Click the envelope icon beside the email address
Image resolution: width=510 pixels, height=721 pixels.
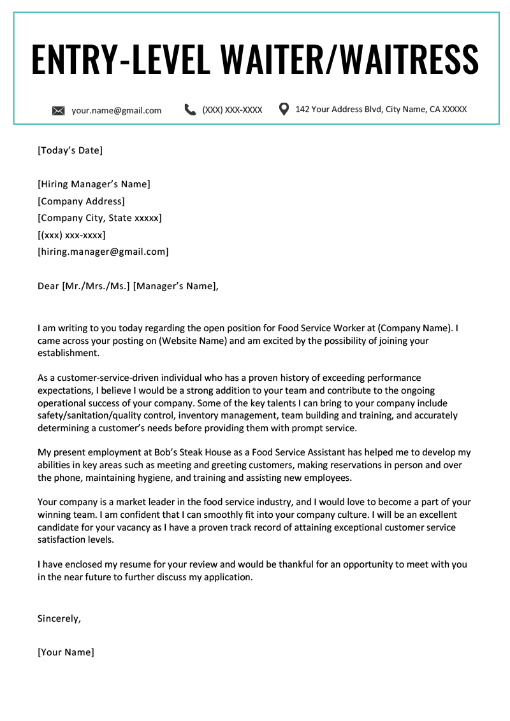[58, 111]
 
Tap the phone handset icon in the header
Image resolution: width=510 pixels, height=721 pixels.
[190, 110]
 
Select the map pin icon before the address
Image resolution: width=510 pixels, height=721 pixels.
[284, 109]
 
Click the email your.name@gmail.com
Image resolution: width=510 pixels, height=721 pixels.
[116, 110]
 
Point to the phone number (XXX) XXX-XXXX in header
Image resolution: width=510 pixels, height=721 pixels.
[232, 110]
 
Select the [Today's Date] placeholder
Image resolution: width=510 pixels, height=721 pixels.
[70, 150]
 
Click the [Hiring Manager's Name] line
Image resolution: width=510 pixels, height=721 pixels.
[94, 185]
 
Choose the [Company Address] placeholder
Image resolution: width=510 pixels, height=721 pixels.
[81, 201]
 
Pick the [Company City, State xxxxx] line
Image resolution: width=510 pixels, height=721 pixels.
[99, 218]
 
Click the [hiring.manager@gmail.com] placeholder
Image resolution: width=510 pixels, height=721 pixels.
[103, 252]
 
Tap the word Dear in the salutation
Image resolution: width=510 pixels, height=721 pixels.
[48, 286]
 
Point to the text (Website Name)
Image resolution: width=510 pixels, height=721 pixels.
[192, 341]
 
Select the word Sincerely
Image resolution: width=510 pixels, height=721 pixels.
[59, 618]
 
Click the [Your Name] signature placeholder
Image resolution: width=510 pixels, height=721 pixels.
[66, 652]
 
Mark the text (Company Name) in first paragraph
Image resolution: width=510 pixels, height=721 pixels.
[414, 329]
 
